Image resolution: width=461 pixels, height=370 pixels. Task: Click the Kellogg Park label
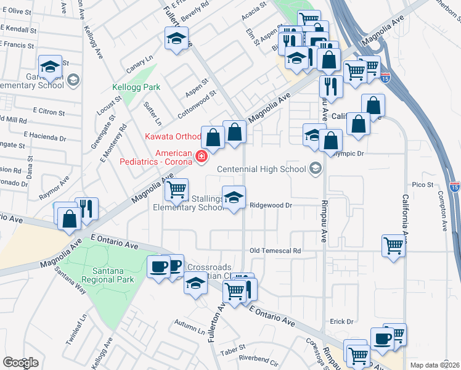tap(136, 88)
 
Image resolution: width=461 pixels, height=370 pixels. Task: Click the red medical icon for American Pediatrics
tap(200, 158)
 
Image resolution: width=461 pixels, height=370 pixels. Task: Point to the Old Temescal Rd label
tap(275, 251)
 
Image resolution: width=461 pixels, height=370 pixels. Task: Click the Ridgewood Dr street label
tap(270, 205)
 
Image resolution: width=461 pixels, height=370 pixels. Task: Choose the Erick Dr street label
tap(341, 321)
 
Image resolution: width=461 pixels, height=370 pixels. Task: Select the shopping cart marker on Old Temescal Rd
tap(393, 245)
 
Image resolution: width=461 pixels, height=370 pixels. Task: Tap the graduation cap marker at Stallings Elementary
tap(234, 197)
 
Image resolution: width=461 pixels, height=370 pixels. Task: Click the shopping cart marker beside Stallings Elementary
tap(177, 188)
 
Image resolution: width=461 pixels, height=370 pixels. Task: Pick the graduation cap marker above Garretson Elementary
tap(50, 65)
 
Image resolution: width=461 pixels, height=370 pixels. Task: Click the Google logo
tap(20, 363)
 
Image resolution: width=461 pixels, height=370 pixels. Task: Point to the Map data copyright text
tap(435, 365)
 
